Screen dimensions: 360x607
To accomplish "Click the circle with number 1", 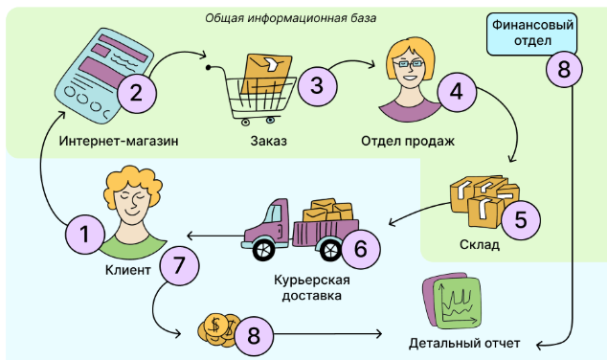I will pyautogui.click(x=84, y=235).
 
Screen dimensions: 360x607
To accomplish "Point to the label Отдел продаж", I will pyautogui.click(x=407, y=142).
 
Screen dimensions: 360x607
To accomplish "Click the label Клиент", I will pyautogui.click(x=127, y=271).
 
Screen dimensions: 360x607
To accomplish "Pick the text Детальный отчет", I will pyautogui.click(x=464, y=342).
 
